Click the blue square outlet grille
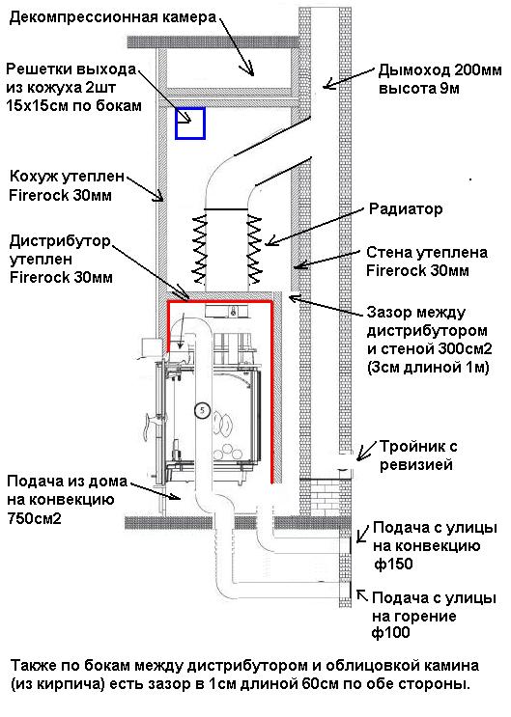[190, 124]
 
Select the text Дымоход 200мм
[425, 70]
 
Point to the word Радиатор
[405, 208]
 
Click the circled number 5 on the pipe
[202, 409]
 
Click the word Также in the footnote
[36, 667]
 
